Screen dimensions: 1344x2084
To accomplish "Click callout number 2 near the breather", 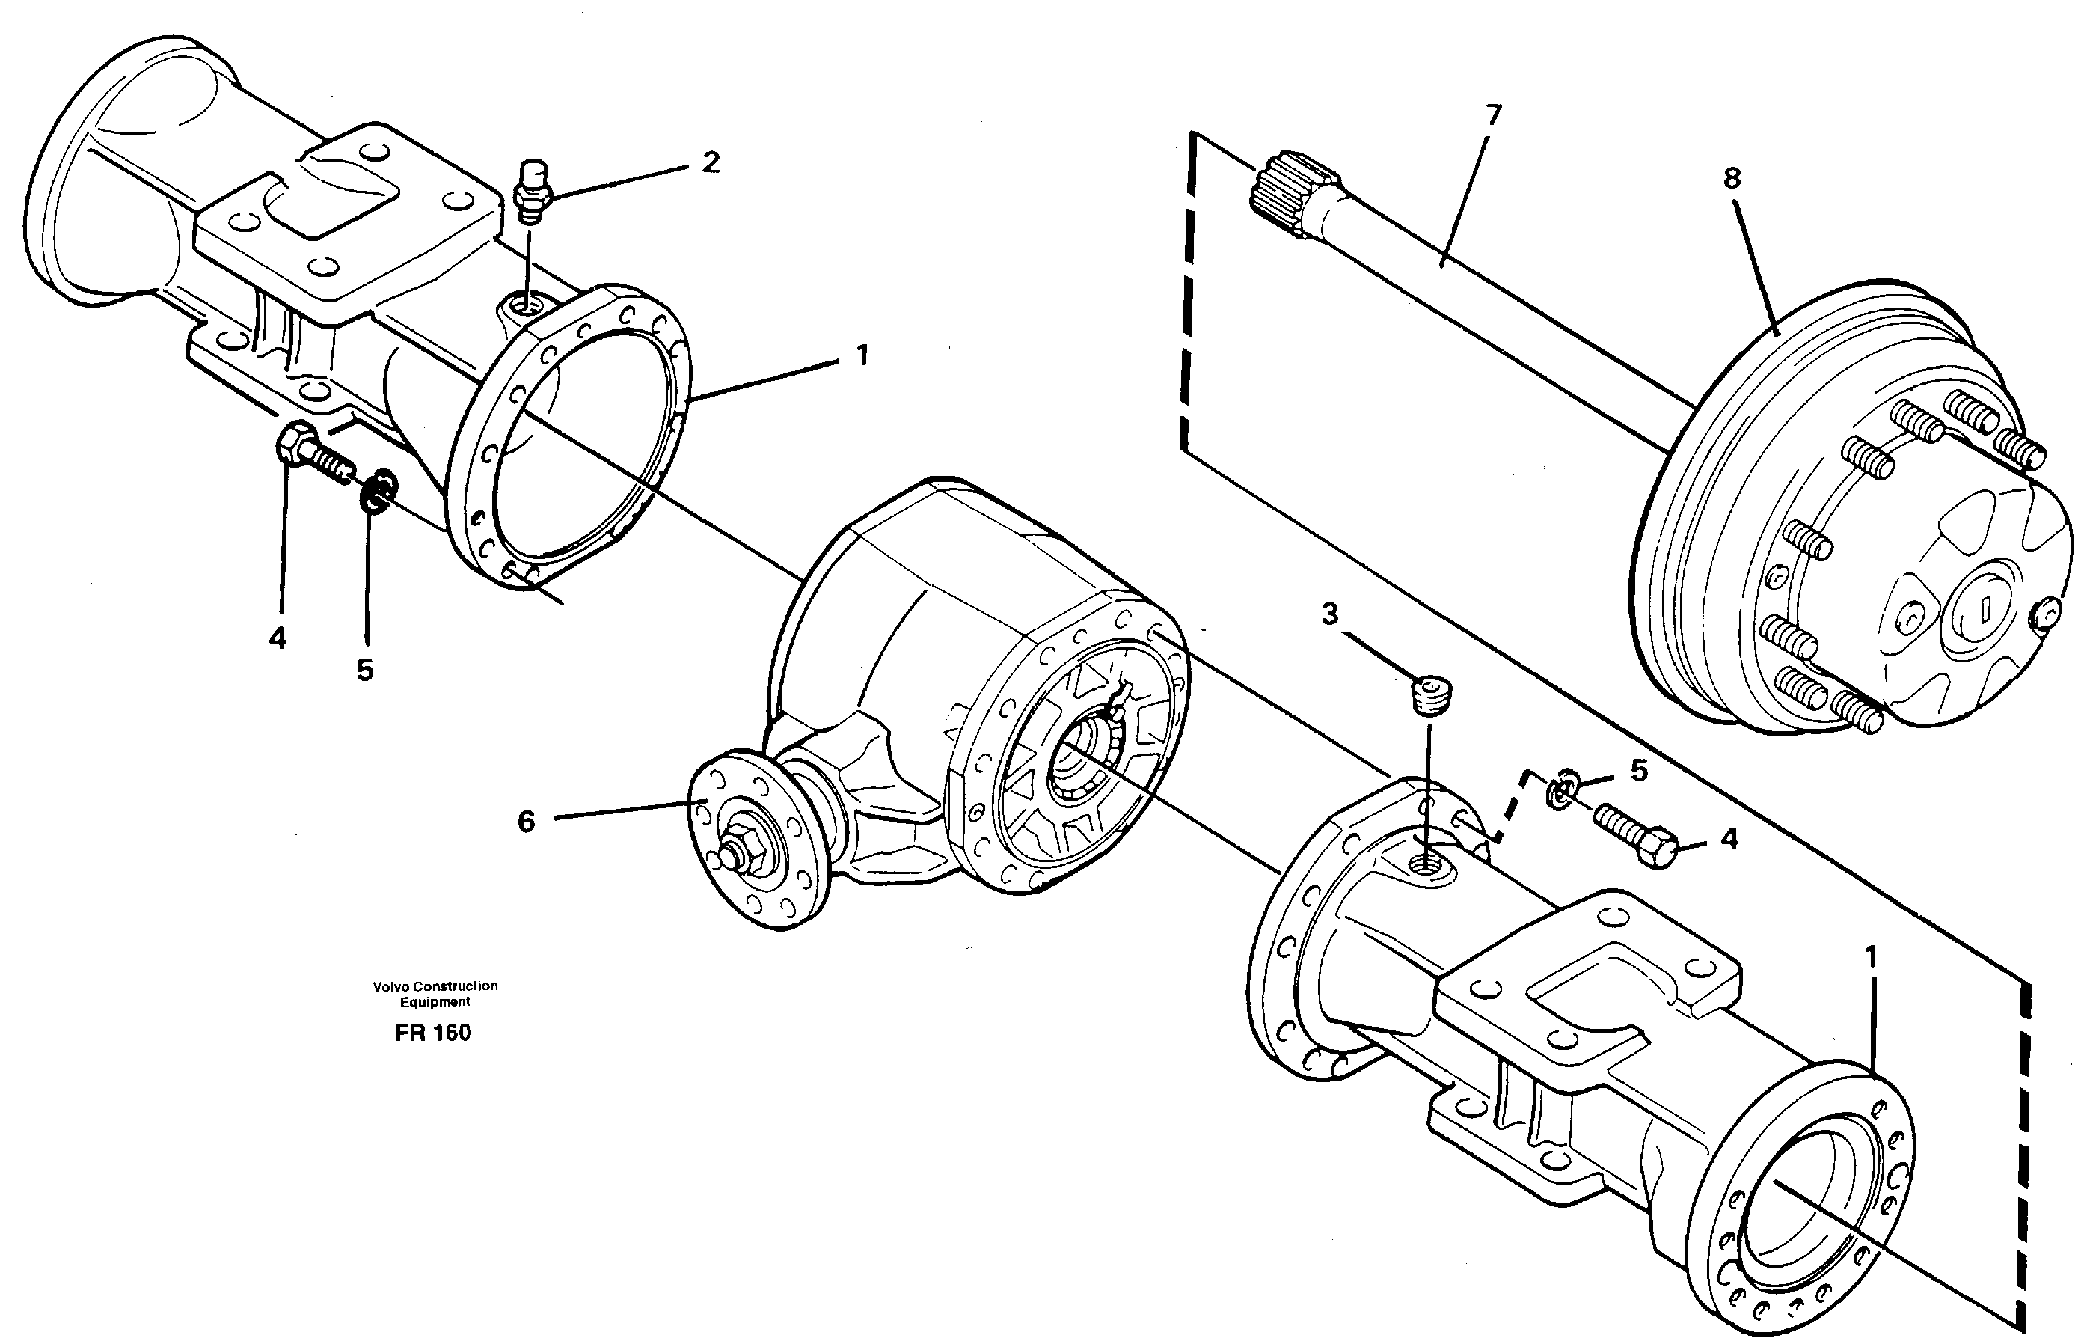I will [x=711, y=162].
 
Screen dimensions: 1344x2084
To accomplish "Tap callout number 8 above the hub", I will [x=1732, y=178].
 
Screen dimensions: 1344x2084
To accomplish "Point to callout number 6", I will [x=526, y=821].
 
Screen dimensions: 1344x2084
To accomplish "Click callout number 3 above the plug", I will [x=1328, y=614].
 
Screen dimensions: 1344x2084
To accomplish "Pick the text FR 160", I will [x=432, y=1033].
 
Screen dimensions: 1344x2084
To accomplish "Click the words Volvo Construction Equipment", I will [x=435, y=993].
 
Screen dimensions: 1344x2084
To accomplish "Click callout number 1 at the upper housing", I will [x=861, y=356].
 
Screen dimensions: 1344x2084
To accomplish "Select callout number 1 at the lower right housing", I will [x=1869, y=957].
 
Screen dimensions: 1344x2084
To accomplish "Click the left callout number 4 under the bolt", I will [x=278, y=640].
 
